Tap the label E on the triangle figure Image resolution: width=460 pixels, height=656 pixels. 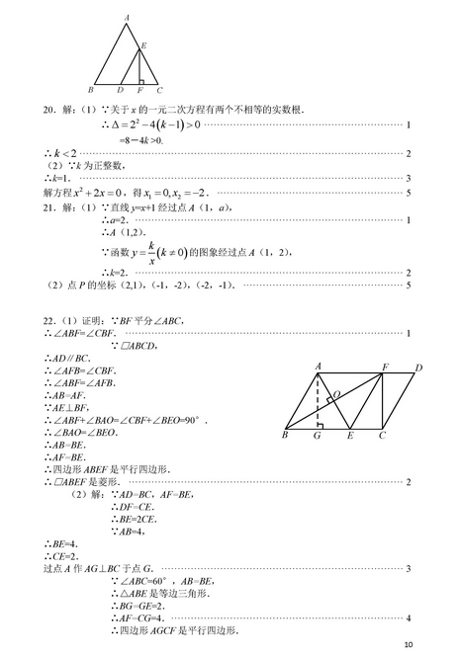click(x=144, y=45)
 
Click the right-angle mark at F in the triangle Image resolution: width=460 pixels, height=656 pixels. click(x=142, y=80)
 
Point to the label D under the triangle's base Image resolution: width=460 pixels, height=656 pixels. click(x=119, y=91)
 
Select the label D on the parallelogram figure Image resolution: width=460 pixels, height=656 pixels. click(x=418, y=368)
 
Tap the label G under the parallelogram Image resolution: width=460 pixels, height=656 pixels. click(x=318, y=436)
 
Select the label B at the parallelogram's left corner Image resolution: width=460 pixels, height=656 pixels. click(x=284, y=435)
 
